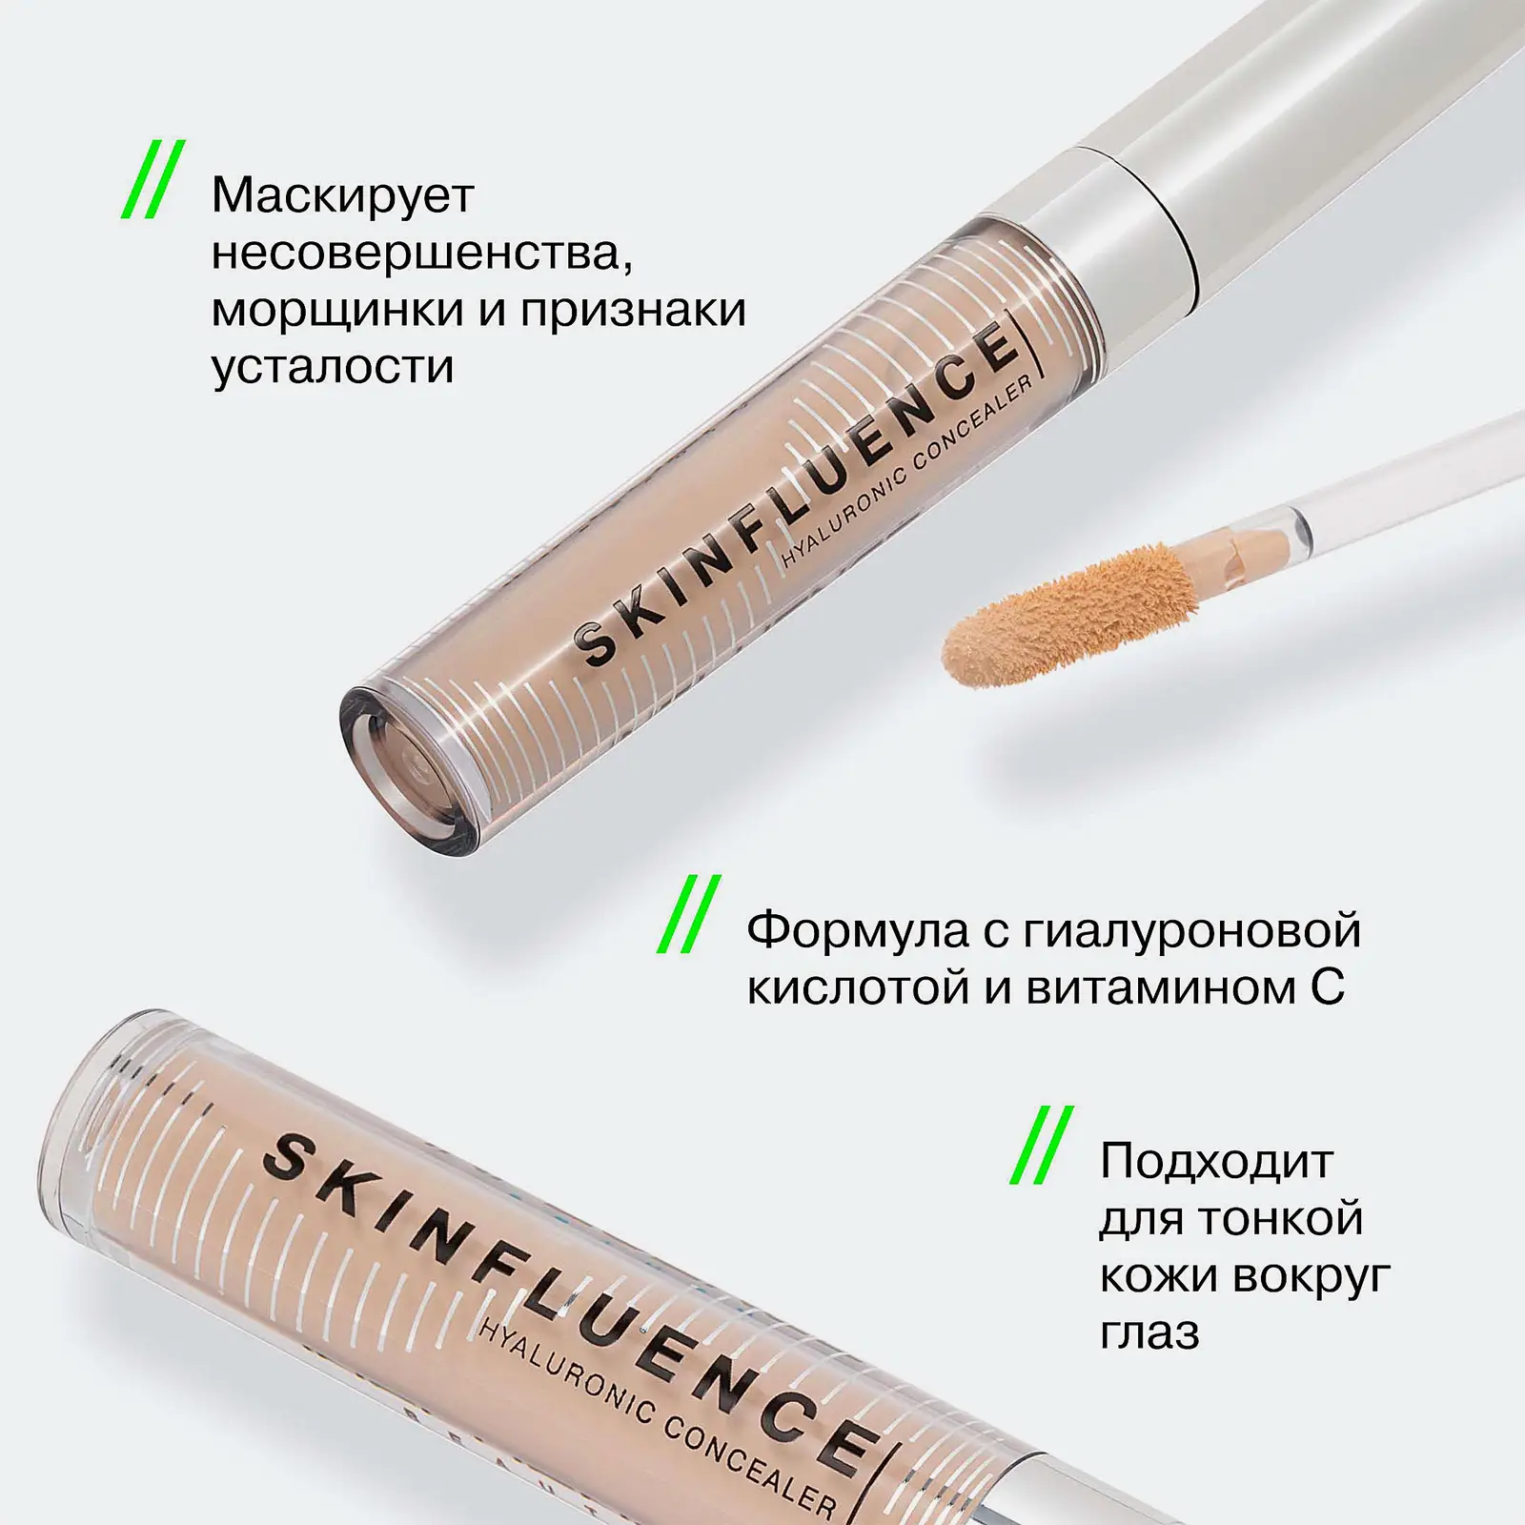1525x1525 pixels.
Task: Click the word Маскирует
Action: (342, 196)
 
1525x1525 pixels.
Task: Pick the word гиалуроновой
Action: (1191, 931)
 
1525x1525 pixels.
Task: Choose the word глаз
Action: (1149, 1332)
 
